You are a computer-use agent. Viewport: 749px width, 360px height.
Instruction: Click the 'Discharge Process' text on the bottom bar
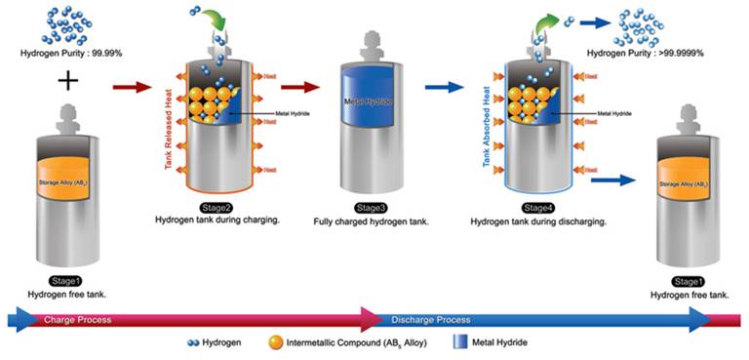point(430,319)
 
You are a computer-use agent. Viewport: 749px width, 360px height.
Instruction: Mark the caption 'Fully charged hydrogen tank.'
point(369,221)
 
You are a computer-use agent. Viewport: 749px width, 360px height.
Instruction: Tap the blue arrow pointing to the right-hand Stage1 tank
point(612,180)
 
